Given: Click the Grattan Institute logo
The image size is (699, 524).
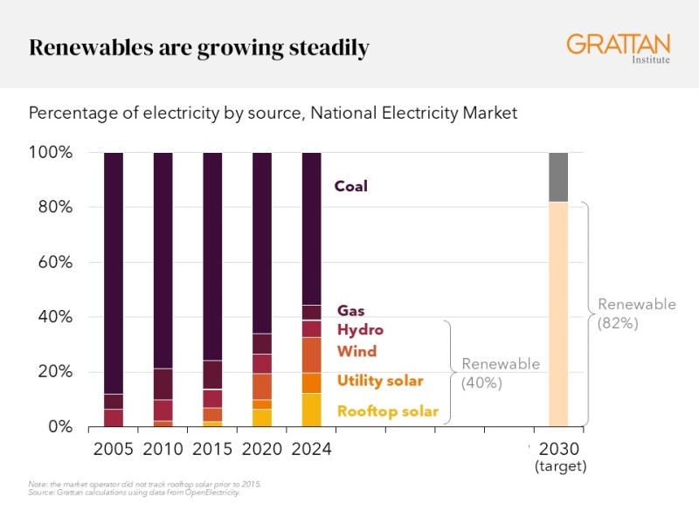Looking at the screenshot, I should [x=618, y=48].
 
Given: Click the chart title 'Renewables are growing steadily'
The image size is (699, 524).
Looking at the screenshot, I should [x=199, y=47].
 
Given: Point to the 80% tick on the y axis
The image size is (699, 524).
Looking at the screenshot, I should [x=53, y=208].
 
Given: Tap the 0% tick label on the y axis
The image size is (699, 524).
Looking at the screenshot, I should [x=59, y=426].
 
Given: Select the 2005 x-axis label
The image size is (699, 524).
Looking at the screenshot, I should [x=113, y=450].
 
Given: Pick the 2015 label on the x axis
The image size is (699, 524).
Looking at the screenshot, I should [x=212, y=450].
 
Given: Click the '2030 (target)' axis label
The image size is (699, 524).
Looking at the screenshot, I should [x=559, y=458].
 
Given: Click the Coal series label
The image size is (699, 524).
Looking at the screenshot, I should [x=351, y=186].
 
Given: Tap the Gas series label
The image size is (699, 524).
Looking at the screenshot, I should [x=350, y=311].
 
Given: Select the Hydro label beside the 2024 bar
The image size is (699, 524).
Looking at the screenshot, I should [x=360, y=330].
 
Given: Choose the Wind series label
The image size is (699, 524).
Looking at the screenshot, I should [x=356, y=351].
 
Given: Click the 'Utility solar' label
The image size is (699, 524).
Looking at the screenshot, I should [x=380, y=381].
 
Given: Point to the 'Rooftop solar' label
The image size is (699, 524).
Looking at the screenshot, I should [x=387, y=410].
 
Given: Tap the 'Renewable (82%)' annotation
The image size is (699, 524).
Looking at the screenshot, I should [x=636, y=313].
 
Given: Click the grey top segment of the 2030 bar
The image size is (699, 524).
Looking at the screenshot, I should [x=558, y=177].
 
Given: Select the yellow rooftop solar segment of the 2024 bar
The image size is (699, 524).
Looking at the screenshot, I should [x=312, y=410].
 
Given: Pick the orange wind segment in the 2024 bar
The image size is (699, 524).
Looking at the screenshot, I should [x=312, y=355].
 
